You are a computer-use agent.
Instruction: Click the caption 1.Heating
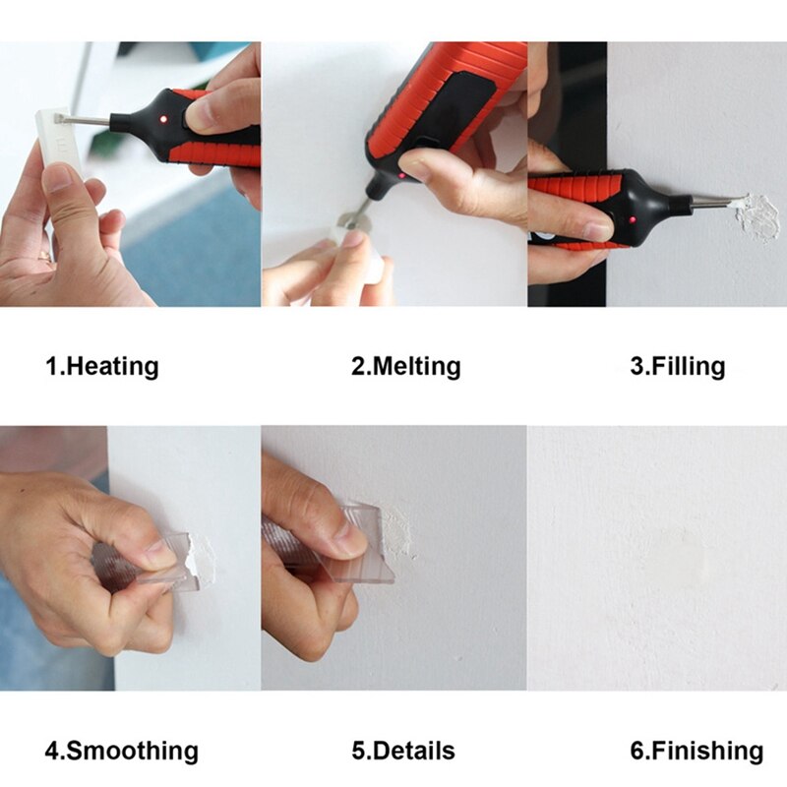click(101, 367)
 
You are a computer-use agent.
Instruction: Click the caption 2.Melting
click(405, 367)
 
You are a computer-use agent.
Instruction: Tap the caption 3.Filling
click(677, 367)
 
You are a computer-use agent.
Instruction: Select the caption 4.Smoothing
click(121, 752)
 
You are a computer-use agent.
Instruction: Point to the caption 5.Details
click(403, 752)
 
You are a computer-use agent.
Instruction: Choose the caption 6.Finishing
click(696, 752)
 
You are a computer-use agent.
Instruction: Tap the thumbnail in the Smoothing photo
click(157, 554)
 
